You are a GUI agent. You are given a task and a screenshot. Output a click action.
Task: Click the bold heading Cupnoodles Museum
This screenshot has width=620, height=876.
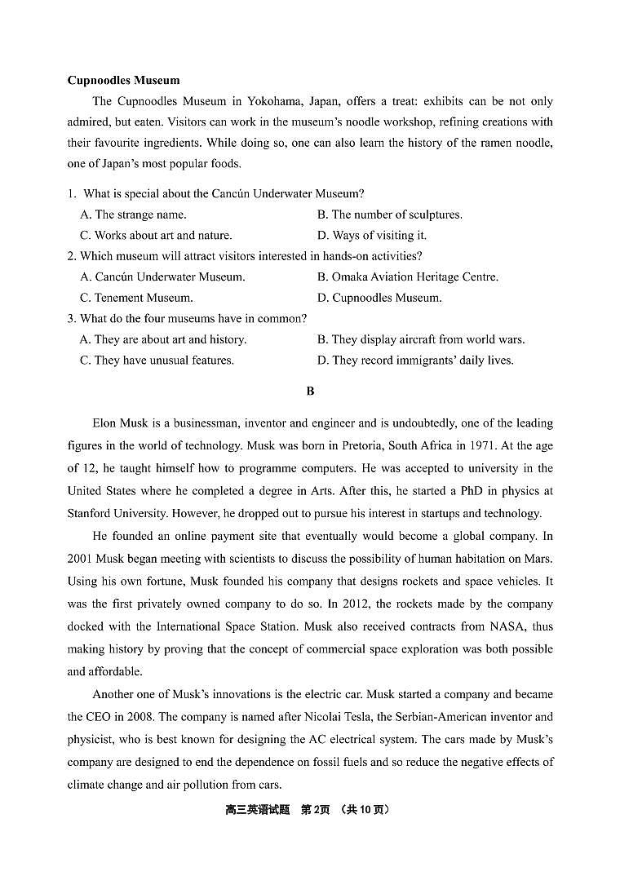(x=123, y=80)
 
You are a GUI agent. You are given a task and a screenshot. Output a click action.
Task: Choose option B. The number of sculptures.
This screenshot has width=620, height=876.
(x=389, y=215)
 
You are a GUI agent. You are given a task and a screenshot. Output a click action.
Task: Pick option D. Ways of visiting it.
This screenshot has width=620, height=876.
(x=371, y=236)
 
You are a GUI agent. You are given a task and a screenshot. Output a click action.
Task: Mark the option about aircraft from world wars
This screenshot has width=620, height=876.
(x=420, y=339)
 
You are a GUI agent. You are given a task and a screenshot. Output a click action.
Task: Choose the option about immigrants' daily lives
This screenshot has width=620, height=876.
(x=415, y=361)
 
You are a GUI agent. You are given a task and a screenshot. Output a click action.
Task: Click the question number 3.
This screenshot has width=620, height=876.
(x=71, y=319)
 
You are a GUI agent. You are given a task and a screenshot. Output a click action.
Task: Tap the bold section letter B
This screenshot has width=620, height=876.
(x=310, y=392)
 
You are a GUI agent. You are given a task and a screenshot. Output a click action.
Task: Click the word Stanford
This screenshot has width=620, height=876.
(x=91, y=513)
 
